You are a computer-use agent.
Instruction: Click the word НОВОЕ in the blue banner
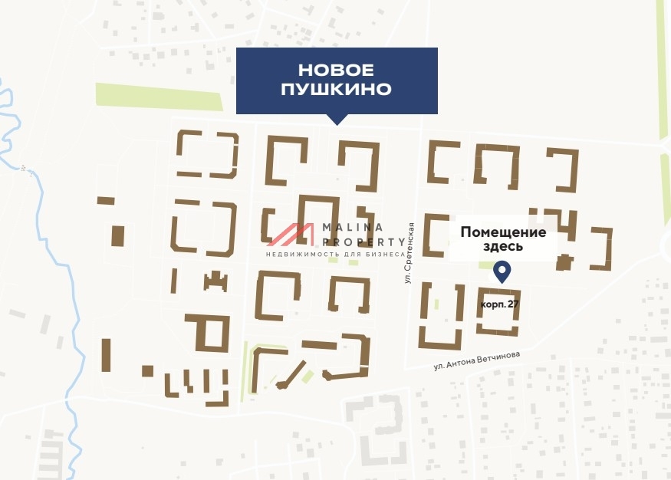336,71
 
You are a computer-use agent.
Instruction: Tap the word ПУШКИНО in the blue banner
336,90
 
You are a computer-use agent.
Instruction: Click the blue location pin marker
502,271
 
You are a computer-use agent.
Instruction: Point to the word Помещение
503,232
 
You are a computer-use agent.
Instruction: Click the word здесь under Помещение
503,247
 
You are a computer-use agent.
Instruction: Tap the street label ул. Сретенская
410,252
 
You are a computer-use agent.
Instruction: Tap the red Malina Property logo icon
292,235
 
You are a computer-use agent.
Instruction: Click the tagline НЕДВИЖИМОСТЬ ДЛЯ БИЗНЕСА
335,254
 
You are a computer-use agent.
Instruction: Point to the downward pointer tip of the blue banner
336,123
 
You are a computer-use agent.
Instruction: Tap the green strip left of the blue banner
158,95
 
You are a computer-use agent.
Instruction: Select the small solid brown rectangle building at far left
117,235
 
